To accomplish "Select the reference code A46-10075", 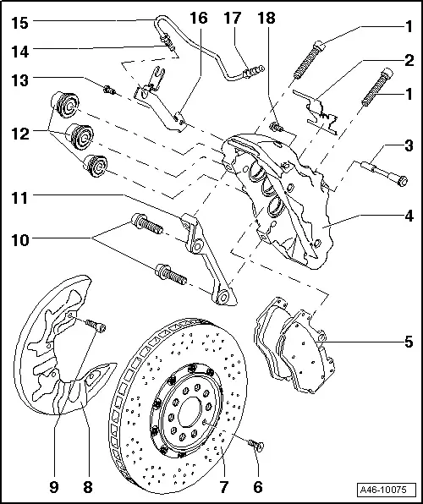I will click(387, 490).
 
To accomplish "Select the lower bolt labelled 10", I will click(169, 275).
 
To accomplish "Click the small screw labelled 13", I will click(109, 88).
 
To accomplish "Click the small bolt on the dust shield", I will click(96, 324).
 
